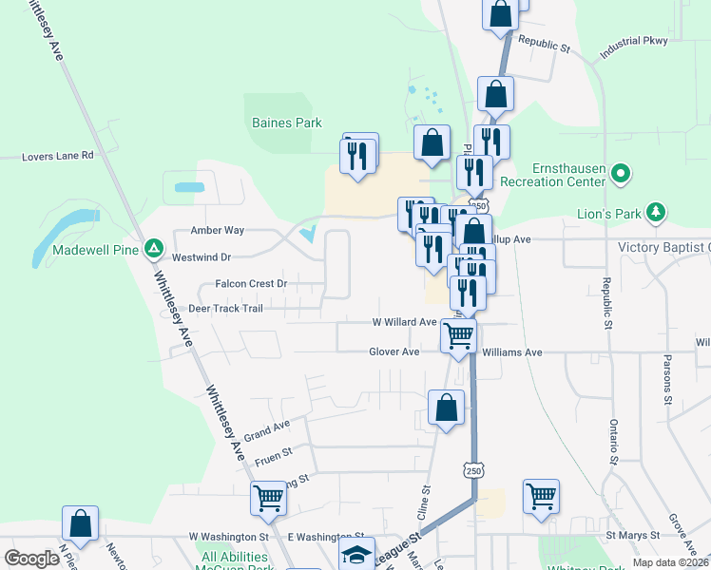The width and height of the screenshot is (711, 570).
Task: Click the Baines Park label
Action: tap(286, 123)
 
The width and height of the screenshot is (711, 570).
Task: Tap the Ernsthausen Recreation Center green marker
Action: tap(621, 174)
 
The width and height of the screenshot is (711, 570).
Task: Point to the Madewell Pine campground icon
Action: tap(153, 249)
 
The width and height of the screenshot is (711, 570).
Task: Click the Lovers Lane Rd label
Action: tap(59, 155)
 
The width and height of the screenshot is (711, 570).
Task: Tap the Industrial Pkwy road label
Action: tap(634, 48)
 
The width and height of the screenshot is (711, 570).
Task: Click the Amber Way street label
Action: tap(218, 230)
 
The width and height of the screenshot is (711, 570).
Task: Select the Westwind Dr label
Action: tap(202, 256)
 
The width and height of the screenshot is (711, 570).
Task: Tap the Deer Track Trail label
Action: tap(225, 308)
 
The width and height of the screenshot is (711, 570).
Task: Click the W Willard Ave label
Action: tap(404, 322)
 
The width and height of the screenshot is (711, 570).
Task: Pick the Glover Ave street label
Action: tap(394, 351)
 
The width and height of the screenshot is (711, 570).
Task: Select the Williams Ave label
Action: tap(511, 351)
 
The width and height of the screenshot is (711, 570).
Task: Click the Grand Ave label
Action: tap(266, 432)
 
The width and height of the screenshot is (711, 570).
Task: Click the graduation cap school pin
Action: tap(356, 554)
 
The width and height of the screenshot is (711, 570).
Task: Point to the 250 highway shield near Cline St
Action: tap(473, 470)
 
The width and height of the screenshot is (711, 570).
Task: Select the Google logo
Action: tap(32, 559)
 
